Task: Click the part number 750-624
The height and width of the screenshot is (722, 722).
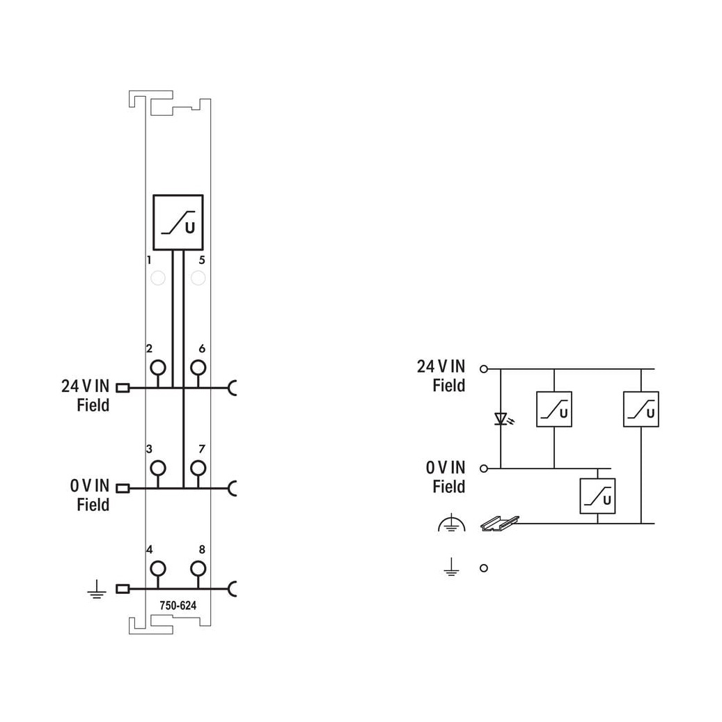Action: (178, 606)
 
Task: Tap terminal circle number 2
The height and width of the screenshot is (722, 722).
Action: (158, 368)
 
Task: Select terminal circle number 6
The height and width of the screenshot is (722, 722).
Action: (198, 368)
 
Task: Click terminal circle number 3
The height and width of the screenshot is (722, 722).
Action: (158, 469)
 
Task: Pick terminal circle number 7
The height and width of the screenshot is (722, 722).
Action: (198, 469)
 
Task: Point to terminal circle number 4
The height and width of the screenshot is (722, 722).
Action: (158, 569)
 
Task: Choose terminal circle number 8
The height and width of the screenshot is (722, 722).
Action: (198, 569)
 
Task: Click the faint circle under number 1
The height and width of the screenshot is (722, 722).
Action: (158, 278)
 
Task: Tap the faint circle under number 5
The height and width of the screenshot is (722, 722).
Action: (198, 278)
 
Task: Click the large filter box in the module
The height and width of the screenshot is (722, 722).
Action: (178, 222)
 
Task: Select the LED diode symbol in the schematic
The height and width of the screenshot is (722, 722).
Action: (501, 419)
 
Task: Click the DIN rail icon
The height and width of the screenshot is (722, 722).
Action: (500, 524)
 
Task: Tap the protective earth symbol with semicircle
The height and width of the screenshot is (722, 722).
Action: (452, 523)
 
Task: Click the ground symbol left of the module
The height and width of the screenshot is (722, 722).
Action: (97, 589)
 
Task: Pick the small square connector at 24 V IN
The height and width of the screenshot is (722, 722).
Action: (123, 389)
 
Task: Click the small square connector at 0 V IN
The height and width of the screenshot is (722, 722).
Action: (123, 488)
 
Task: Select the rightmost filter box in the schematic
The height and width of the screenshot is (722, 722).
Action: (641, 409)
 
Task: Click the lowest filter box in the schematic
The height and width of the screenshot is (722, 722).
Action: (597, 496)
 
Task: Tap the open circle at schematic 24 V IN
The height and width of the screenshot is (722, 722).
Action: (483, 369)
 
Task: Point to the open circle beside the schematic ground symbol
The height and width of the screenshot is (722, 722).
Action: (483, 568)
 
